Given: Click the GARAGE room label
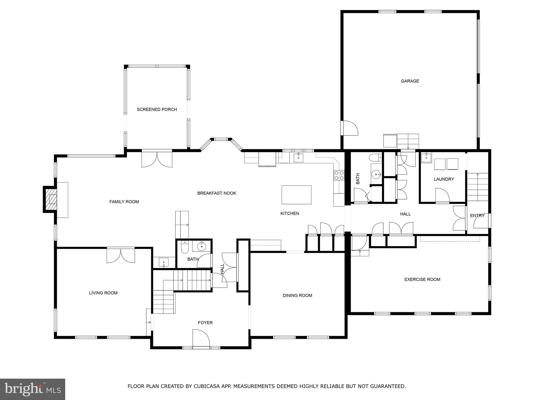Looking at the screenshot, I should coord(410,81).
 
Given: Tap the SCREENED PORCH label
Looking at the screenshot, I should coord(157,109).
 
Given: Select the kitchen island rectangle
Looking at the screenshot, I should coord(296,195).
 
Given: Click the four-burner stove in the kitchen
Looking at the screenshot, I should coord(339,175).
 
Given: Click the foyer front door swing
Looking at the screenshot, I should coord(201,338).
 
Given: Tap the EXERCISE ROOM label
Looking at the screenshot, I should coord(422,279).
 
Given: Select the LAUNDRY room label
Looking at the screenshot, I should coord(444,179).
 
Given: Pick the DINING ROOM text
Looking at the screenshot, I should coord(297,295).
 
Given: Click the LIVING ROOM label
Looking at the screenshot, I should coord(103,293).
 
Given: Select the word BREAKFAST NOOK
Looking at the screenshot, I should coord(217,193).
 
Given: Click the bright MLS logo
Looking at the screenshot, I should coord(32,389).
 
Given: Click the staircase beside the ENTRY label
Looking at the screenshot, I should coord(477,187).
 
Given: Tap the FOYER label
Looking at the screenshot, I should coord(205,323).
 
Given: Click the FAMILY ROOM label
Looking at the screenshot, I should coord(124,202).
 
